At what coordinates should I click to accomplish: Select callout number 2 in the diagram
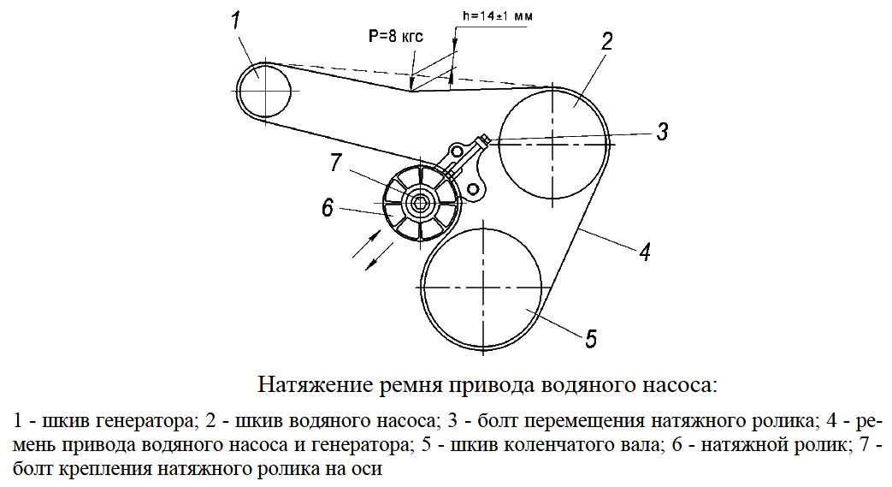click(x=606, y=41)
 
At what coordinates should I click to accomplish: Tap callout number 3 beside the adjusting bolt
click(x=662, y=132)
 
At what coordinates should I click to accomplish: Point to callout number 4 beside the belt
click(x=644, y=251)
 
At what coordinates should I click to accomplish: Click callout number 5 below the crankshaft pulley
click(x=591, y=338)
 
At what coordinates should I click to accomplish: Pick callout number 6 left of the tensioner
click(x=327, y=208)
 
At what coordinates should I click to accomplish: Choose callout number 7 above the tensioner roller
click(x=335, y=163)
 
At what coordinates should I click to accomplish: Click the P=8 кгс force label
click(x=396, y=37)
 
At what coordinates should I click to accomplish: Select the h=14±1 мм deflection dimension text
click(x=498, y=16)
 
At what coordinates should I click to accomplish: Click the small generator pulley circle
click(x=237, y=91)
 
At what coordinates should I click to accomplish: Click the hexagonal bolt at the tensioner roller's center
click(x=421, y=202)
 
